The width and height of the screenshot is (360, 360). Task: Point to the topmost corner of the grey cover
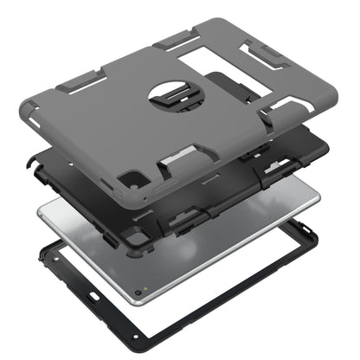click(227, 21)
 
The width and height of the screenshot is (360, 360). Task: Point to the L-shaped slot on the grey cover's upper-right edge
click(264, 51)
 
